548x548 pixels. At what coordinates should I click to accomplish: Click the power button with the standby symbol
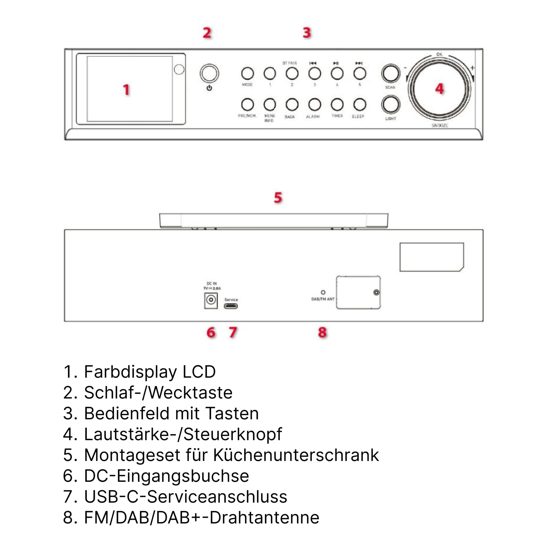(x=209, y=73)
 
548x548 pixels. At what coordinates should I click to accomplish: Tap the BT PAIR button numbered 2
(x=292, y=73)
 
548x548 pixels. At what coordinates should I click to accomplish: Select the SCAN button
(x=391, y=73)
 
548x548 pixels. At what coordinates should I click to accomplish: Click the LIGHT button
(x=391, y=104)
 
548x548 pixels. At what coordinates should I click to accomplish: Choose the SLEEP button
(x=359, y=104)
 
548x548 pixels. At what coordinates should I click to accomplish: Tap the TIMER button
(x=337, y=104)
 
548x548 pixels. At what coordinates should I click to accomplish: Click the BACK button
(x=292, y=104)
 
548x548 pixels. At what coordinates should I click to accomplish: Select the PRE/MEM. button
(x=247, y=104)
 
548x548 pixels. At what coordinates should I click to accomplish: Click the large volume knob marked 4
(x=439, y=88)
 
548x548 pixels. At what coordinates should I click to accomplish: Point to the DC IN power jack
(x=211, y=300)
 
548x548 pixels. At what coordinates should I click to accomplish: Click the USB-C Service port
(x=231, y=306)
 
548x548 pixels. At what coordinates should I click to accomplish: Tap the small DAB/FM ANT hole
(x=323, y=292)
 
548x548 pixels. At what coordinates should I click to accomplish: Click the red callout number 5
(x=278, y=197)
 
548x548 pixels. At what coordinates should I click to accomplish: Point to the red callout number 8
(x=322, y=332)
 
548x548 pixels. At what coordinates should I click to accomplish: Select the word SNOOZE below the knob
(x=440, y=125)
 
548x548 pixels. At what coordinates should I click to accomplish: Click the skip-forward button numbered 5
(x=359, y=73)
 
